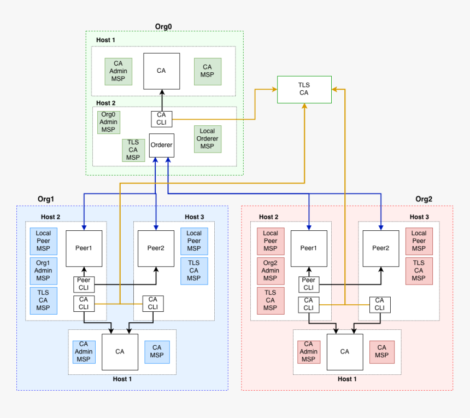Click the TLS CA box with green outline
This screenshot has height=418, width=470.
304,89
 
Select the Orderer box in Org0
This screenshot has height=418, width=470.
161,146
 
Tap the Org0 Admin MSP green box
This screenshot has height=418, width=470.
108,123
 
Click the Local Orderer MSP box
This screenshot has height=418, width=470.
207,138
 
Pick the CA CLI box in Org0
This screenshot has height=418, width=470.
161,119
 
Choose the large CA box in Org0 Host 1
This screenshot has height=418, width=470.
161,71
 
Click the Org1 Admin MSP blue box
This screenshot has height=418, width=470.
43,270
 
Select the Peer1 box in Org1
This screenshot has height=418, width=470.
84,248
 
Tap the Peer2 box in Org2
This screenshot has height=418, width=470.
381,248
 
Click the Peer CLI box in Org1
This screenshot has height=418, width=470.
84,285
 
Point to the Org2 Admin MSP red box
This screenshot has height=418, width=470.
271,270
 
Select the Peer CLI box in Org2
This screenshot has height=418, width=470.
309,285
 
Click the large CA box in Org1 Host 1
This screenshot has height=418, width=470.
120,352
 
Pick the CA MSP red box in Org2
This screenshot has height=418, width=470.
382,352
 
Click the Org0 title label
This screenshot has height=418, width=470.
164,26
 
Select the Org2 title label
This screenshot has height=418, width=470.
424,199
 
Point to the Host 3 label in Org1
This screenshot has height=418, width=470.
194,217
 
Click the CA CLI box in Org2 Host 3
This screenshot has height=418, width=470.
379,304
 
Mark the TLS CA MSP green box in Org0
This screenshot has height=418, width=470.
133,150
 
